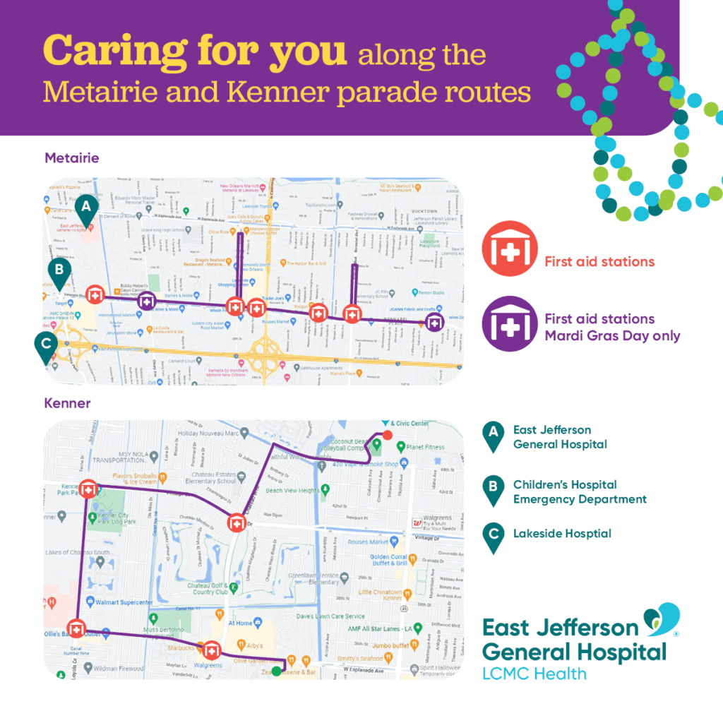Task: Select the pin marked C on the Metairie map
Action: [46, 345]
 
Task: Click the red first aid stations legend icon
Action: [506, 251]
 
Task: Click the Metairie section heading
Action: [72, 157]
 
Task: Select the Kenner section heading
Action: [68, 403]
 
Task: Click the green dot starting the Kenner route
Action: [285, 662]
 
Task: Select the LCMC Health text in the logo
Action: [534, 673]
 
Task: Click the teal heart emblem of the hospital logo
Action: [661, 620]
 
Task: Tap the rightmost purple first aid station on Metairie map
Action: [436, 322]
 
